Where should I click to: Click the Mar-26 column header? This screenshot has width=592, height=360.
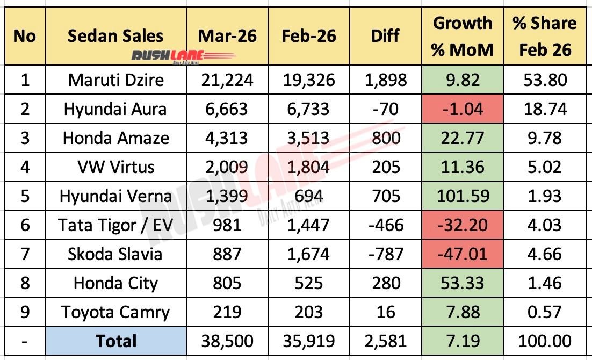point(227,36)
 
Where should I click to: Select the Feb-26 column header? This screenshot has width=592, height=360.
point(309,36)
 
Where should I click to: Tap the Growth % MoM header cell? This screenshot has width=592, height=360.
point(463,36)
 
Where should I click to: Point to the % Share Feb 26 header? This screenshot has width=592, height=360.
point(544,36)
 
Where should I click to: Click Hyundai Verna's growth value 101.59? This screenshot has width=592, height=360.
point(463,196)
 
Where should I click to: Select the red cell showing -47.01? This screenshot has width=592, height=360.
point(463,254)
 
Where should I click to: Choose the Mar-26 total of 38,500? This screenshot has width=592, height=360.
point(227,341)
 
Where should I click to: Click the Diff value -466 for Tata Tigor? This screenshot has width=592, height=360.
point(385,225)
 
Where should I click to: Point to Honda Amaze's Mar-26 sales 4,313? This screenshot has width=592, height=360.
point(227,138)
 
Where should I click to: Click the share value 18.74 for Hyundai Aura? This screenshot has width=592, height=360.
point(544,109)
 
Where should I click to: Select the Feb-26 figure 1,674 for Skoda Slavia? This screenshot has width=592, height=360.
point(309,254)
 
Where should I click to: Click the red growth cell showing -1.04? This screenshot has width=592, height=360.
point(463,109)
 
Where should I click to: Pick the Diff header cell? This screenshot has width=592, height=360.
point(385,36)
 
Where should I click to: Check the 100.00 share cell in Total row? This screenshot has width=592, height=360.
point(544,341)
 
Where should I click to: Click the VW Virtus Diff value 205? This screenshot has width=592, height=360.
point(385,167)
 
